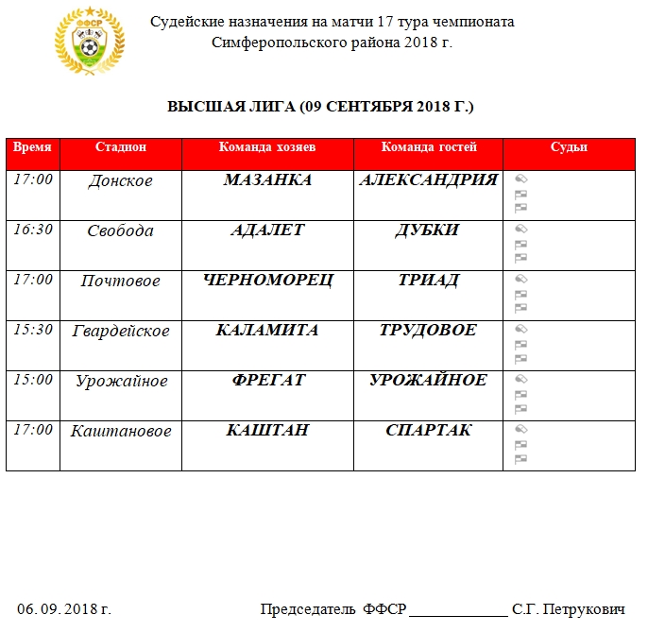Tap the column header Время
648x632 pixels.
(x=32, y=147)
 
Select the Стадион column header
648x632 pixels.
(x=121, y=147)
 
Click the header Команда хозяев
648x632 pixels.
(x=267, y=147)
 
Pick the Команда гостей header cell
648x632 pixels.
(x=429, y=147)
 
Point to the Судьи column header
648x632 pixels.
(x=569, y=147)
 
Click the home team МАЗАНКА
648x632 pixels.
(x=267, y=180)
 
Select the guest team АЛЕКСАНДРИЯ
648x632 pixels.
(x=429, y=180)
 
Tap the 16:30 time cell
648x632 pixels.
(x=32, y=230)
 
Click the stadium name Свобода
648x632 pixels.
(x=120, y=231)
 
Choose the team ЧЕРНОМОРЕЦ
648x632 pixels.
(x=267, y=281)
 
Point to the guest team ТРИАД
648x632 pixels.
(x=429, y=281)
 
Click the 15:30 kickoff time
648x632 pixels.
(x=32, y=330)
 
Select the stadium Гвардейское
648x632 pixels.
(x=121, y=332)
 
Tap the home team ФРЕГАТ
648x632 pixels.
(x=267, y=380)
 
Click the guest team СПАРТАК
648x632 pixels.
(x=429, y=431)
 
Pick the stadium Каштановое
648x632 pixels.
(x=121, y=432)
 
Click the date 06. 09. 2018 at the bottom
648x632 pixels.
(x=64, y=609)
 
